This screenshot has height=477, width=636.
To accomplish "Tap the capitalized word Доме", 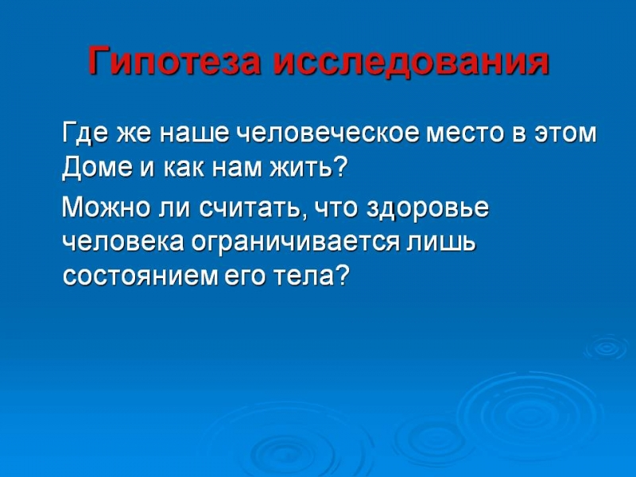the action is click(97, 168).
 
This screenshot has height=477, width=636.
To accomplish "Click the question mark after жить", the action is click(342, 166).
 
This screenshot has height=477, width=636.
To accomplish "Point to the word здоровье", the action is click(428, 209).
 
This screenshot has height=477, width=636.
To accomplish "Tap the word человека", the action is click(123, 243).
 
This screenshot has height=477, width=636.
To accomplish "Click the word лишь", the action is click(441, 243).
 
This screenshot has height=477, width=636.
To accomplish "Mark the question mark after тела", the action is click(343, 276).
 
